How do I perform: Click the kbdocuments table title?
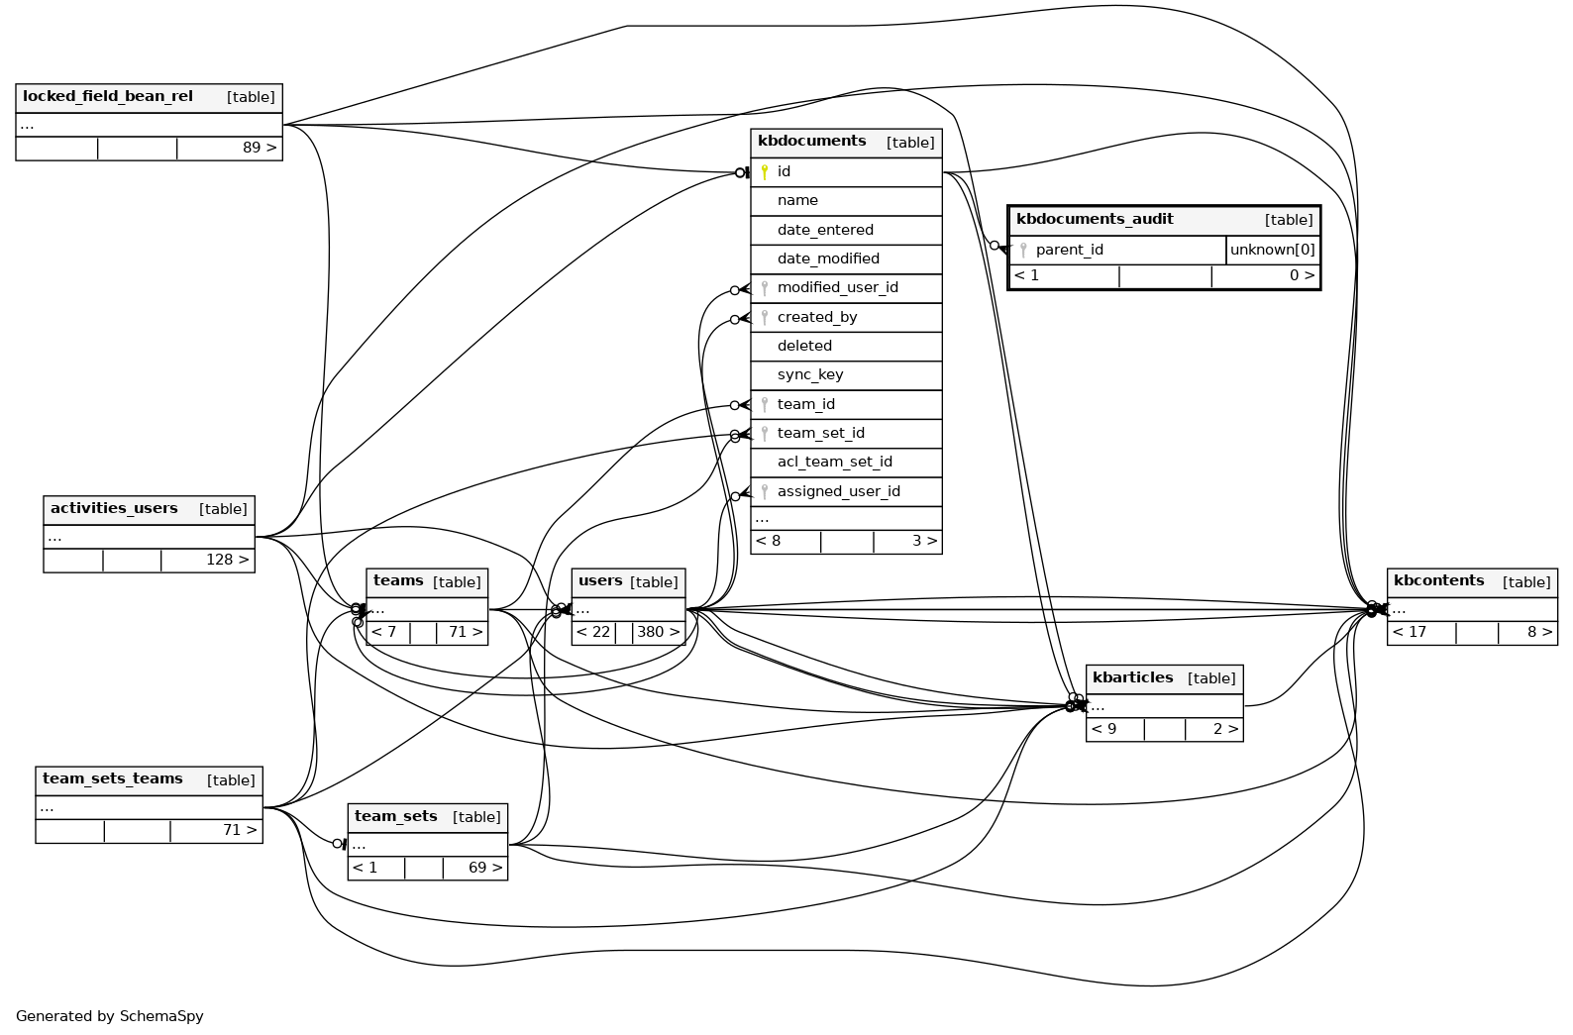[x=811, y=142]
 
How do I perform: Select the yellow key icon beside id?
[x=765, y=172]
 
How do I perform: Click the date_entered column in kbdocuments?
[x=825, y=230]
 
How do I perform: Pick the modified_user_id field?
[x=837, y=288]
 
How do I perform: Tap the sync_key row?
[x=810, y=375]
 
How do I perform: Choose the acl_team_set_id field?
[x=834, y=463]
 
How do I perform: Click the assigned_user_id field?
[x=838, y=492]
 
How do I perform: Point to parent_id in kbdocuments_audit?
[x=1069, y=251]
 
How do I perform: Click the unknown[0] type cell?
[x=1272, y=251]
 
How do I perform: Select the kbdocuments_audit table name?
[x=1095, y=220]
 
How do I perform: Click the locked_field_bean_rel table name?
[x=108, y=97]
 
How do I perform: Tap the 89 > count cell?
[x=260, y=149]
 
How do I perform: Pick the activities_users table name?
[x=114, y=509]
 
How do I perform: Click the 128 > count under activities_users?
[x=227, y=561]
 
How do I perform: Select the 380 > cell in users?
[x=659, y=633]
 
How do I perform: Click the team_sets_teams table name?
[x=113, y=779]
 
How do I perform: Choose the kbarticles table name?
[x=1132, y=678]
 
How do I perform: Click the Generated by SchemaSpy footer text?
[x=110, y=1016]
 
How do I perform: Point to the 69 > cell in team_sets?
[x=484, y=869]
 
